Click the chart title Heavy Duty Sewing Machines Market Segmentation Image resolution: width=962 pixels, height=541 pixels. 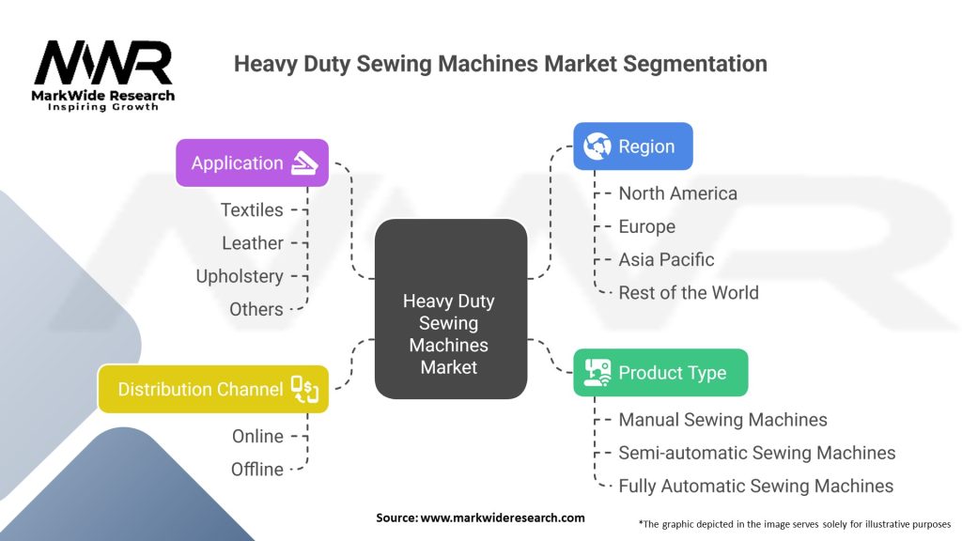tap(500, 64)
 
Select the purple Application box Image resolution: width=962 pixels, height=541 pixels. tap(252, 162)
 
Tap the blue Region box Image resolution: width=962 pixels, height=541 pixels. tap(632, 147)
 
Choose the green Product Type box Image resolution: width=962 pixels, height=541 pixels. tap(660, 373)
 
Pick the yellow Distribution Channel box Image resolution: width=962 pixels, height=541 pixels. tap(213, 389)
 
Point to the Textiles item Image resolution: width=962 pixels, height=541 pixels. tap(252, 209)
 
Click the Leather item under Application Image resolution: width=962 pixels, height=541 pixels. tap(253, 243)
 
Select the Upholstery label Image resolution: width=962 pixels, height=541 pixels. tap(240, 276)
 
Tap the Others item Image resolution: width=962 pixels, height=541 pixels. tap(256, 309)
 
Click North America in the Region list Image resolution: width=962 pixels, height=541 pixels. tap(677, 193)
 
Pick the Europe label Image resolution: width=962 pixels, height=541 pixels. tap(646, 226)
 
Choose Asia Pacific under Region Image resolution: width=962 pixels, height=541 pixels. tap(666, 259)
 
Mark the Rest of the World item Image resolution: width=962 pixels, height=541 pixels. tap(688, 292)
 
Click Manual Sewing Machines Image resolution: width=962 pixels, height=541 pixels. tap(722, 420)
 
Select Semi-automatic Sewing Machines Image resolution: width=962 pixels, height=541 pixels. tap(756, 453)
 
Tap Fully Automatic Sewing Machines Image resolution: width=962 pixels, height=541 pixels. tap(755, 486)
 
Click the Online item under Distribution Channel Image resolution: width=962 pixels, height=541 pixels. tap(257, 436)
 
